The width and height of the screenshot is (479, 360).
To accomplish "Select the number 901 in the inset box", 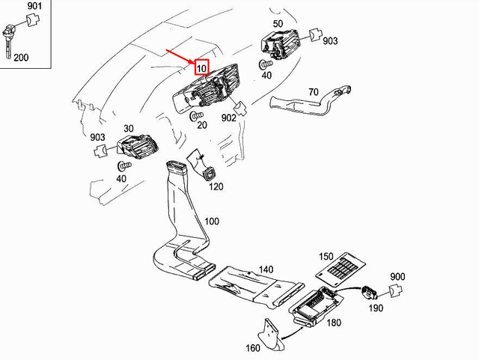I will point(34,7).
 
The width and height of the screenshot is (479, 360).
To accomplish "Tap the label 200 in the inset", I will point(21,58).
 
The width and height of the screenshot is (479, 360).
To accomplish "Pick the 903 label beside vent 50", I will point(331,41).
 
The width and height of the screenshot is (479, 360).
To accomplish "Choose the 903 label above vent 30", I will point(97,138).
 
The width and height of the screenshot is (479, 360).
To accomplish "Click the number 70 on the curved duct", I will point(314,93).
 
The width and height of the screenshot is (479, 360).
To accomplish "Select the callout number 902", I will point(229,117).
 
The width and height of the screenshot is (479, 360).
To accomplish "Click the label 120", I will point(216,186).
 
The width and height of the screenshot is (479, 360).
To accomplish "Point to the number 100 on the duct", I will point(212,222).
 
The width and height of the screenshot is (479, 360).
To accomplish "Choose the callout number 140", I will point(266,269).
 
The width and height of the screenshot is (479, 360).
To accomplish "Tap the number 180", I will point(334,323).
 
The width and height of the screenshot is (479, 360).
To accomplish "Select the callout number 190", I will point(376,308).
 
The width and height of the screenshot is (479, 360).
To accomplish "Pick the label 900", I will point(397,276).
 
